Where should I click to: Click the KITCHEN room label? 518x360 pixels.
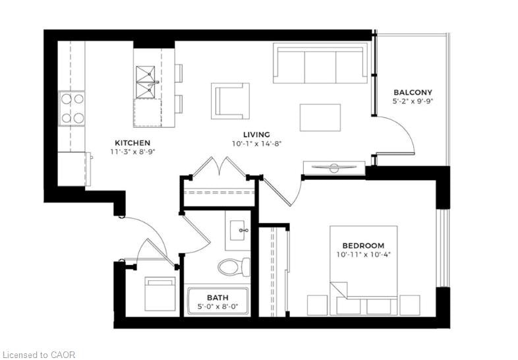pyautogui.click(x=132, y=143)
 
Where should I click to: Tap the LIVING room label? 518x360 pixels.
pyautogui.click(x=256, y=135)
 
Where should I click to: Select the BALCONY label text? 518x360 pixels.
pyautogui.click(x=413, y=92)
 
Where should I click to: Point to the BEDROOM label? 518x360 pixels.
pyautogui.click(x=363, y=246)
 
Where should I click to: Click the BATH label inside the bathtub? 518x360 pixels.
pyautogui.click(x=217, y=297)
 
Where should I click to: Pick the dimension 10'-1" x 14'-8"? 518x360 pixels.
pyautogui.click(x=256, y=144)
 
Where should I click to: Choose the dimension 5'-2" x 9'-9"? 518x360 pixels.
pyautogui.click(x=413, y=102)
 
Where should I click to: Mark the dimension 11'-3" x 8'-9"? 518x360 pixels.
pyautogui.click(x=133, y=152)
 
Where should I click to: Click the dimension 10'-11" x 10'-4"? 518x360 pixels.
pyautogui.click(x=364, y=255)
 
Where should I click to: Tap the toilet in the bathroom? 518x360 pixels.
pyautogui.click(x=234, y=266)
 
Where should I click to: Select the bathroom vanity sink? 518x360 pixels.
pyautogui.click(x=238, y=230)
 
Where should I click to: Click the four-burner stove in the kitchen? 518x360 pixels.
pyautogui.click(x=72, y=108)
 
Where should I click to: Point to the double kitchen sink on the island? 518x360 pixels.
pyautogui.click(x=146, y=82)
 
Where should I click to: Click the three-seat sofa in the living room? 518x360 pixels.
pyautogui.click(x=320, y=63)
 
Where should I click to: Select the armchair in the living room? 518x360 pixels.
pyautogui.click(x=231, y=101)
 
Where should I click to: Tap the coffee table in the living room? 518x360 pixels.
pyautogui.click(x=320, y=117)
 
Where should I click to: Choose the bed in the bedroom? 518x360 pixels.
pyautogui.click(x=363, y=270)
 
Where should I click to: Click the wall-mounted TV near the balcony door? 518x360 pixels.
pyautogui.click(x=334, y=168)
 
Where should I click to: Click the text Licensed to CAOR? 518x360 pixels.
pyautogui.click(x=38, y=355)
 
